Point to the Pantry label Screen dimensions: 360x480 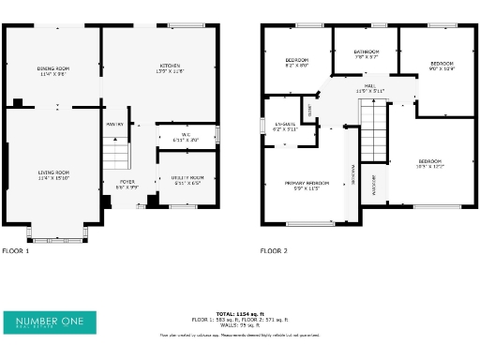[114, 125]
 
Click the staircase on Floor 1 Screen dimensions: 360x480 [114, 152]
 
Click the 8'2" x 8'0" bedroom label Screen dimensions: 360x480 [296, 63]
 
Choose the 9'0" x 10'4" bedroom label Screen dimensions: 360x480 [441, 66]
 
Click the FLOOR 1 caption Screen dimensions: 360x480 [16, 251]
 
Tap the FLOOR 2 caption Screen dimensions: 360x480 [274, 251]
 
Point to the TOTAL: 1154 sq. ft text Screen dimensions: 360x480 [240, 313]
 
